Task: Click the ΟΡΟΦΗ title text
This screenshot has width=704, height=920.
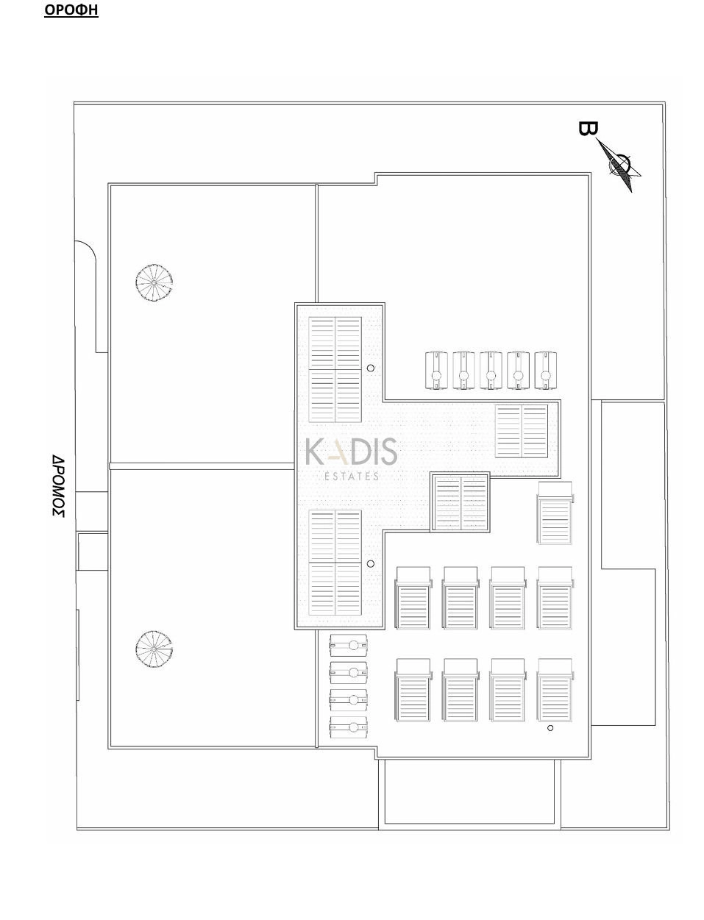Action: [71, 10]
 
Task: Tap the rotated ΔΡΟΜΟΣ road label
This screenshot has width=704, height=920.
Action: [58, 486]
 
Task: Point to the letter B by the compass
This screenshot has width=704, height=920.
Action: [588, 129]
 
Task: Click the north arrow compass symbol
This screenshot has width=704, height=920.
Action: [619, 165]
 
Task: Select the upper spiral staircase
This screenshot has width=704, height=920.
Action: [154, 282]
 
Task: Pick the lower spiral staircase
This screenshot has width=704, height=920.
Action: [154, 649]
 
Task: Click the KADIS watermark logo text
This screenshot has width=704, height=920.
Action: [351, 452]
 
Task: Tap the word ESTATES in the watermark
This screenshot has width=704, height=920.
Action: [352, 476]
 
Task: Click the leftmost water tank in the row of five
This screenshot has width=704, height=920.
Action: [436, 371]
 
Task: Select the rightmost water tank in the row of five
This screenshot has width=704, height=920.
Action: [546, 371]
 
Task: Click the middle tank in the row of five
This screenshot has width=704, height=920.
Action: [491, 371]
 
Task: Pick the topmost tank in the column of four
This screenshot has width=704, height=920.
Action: [349, 645]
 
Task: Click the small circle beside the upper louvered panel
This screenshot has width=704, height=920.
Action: [371, 368]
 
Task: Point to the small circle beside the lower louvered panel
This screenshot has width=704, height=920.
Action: [371, 564]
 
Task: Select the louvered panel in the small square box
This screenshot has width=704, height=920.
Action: [461, 503]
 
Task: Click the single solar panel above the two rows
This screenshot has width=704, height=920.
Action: [555, 513]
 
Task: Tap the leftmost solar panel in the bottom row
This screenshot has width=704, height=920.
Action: [413, 691]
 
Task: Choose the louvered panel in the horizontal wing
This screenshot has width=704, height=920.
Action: [521, 431]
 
